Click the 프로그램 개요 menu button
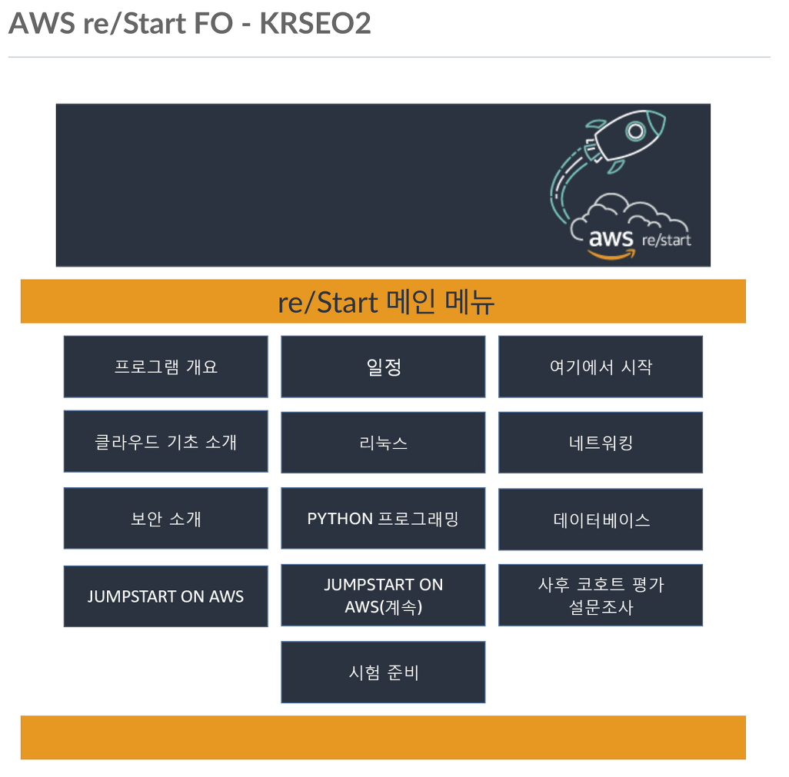click(165, 367)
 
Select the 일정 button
click(383, 367)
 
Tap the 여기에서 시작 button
click(601, 367)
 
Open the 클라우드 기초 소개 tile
click(165, 442)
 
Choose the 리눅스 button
click(383, 443)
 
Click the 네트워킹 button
click(601, 443)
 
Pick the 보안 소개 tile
click(165, 519)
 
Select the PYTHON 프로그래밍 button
click(383, 519)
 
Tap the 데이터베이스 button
click(601, 520)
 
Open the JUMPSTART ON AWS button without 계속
click(165, 596)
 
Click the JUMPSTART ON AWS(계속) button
click(383, 596)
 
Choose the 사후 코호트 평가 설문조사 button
click(601, 596)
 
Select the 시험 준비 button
click(383, 672)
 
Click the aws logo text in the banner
click(611, 237)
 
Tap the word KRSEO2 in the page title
click(315, 24)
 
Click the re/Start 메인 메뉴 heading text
click(385, 302)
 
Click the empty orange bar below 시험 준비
click(383, 738)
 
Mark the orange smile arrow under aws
click(611, 254)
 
